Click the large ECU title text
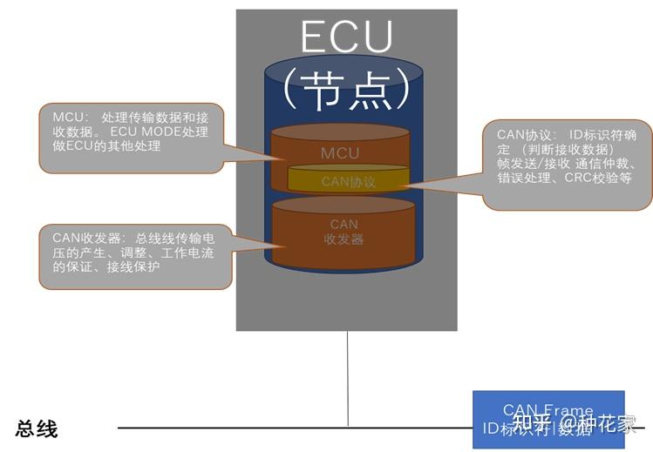point(346,37)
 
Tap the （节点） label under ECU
point(346,88)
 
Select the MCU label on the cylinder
point(339,153)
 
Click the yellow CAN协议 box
point(348,181)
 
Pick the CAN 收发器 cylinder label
point(344,232)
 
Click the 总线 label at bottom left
point(36,428)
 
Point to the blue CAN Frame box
point(548,418)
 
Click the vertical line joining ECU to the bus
point(348,379)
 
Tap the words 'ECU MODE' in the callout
point(144,132)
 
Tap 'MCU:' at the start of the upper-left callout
point(69,118)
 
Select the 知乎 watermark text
point(531,425)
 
